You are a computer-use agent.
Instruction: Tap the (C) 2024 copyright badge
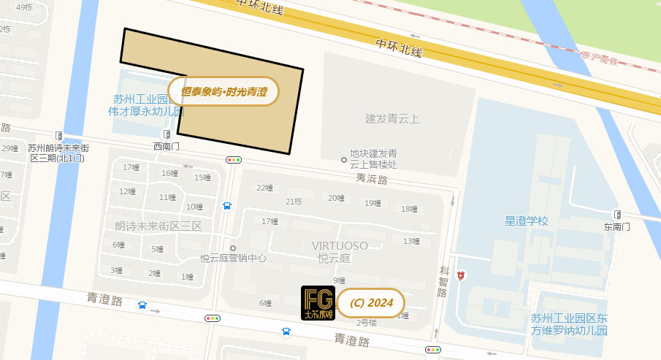click(371, 303)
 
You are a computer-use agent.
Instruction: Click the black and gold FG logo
click(318, 303)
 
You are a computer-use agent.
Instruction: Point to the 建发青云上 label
click(393, 118)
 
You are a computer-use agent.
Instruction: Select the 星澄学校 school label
click(526, 221)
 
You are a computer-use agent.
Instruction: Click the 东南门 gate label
click(616, 227)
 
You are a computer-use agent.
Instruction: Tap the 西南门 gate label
click(166, 146)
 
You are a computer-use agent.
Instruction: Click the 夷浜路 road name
click(372, 178)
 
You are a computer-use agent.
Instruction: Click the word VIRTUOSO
click(340, 245)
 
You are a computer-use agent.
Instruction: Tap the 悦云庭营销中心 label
click(233, 258)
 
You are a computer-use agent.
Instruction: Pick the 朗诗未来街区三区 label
click(158, 226)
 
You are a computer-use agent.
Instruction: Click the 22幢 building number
click(264, 188)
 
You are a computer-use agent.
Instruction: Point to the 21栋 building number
click(294, 202)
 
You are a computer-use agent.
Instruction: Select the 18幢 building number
click(409, 209)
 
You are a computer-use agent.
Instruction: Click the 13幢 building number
click(411, 241)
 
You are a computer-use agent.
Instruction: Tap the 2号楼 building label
click(367, 323)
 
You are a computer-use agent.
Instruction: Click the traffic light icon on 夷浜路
click(234, 159)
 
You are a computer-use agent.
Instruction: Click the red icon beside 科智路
click(461, 275)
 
